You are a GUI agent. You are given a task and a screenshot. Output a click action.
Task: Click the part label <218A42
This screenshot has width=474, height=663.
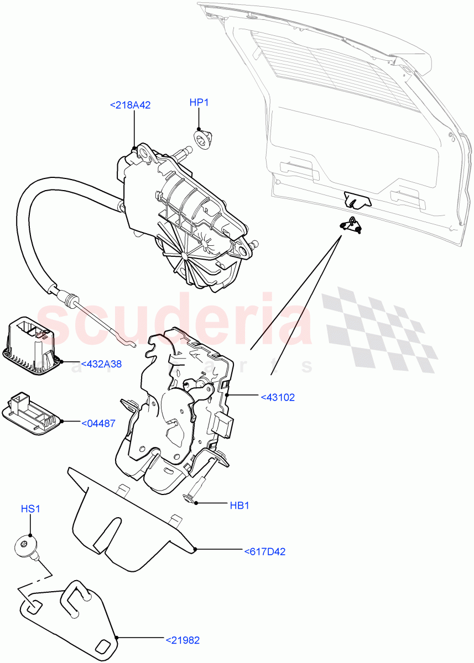pyautogui.click(x=131, y=105)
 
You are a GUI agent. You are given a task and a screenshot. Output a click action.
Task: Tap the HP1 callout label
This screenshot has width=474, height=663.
pyautogui.click(x=199, y=103)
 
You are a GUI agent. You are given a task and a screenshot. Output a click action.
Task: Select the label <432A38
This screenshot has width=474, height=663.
pyautogui.click(x=101, y=364)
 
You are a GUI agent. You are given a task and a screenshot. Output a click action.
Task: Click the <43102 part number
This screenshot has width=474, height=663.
pyautogui.click(x=278, y=397)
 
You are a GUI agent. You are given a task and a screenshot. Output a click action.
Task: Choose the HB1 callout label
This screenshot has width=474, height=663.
pyautogui.click(x=239, y=505)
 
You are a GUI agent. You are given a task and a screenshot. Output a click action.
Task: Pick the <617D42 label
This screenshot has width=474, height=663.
pyautogui.click(x=264, y=551)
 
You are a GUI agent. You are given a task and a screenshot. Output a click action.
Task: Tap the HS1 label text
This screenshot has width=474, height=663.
pyautogui.click(x=30, y=509)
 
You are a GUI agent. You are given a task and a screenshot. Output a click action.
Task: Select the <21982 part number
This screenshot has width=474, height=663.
pyautogui.click(x=183, y=640)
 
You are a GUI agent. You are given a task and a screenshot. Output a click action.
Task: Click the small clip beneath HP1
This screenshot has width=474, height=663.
pyautogui.click(x=202, y=138)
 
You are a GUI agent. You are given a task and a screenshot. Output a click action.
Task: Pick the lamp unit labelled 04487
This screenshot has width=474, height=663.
pyautogui.click(x=30, y=413)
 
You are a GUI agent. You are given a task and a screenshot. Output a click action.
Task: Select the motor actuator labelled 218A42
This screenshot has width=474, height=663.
pyautogui.click(x=183, y=210)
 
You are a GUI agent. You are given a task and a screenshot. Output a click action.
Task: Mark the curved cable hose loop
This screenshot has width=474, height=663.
pyautogui.click(x=33, y=232)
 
